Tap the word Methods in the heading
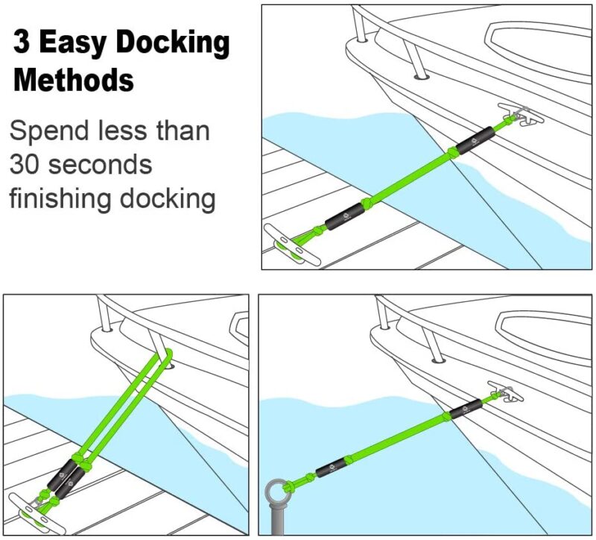(74, 78)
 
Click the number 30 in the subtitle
(28, 165)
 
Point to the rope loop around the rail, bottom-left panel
(165, 355)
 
